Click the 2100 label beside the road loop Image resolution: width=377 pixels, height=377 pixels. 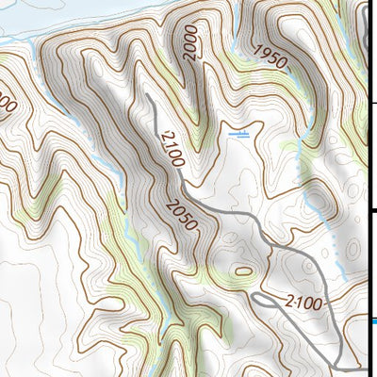(x=301, y=303)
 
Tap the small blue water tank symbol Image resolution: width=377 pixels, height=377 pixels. (x=239, y=135)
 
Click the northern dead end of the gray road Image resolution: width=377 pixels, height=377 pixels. (x=147, y=96)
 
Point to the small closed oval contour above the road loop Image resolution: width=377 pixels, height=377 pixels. (x=244, y=271)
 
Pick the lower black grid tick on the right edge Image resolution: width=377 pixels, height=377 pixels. (x=372, y=212)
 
